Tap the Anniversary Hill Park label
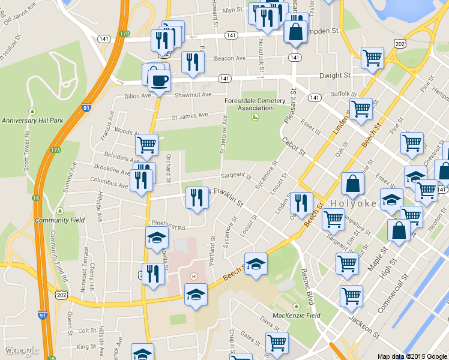32,121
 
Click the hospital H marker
193,277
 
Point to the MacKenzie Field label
296,315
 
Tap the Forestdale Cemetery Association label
255,104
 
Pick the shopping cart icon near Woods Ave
147,145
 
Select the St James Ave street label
190,116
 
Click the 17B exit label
124,34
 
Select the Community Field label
59,220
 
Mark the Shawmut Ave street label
193,95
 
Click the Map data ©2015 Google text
412,356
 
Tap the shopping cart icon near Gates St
277,343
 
